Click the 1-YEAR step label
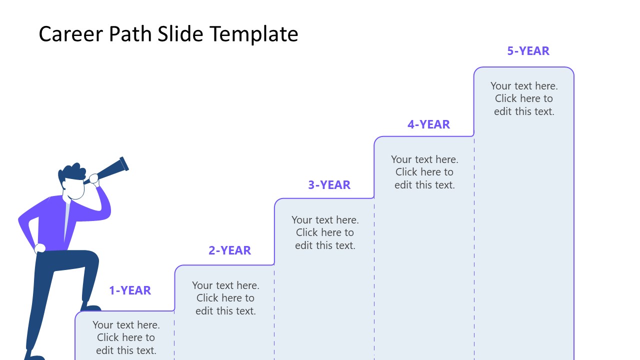tap(130, 290)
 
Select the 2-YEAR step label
tap(229, 250)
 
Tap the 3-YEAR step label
tap(329, 185)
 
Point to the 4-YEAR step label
tap(428, 124)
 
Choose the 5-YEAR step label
tap(528, 51)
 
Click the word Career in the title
tap(71, 34)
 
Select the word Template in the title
tap(254, 34)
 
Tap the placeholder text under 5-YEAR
tap(524, 98)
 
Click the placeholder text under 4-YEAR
tap(424, 172)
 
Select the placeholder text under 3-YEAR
tap(325, 232)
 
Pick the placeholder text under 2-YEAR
tap(225, 298)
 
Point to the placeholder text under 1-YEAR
tap(126, 337)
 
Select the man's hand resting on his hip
tap(40, 248)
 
